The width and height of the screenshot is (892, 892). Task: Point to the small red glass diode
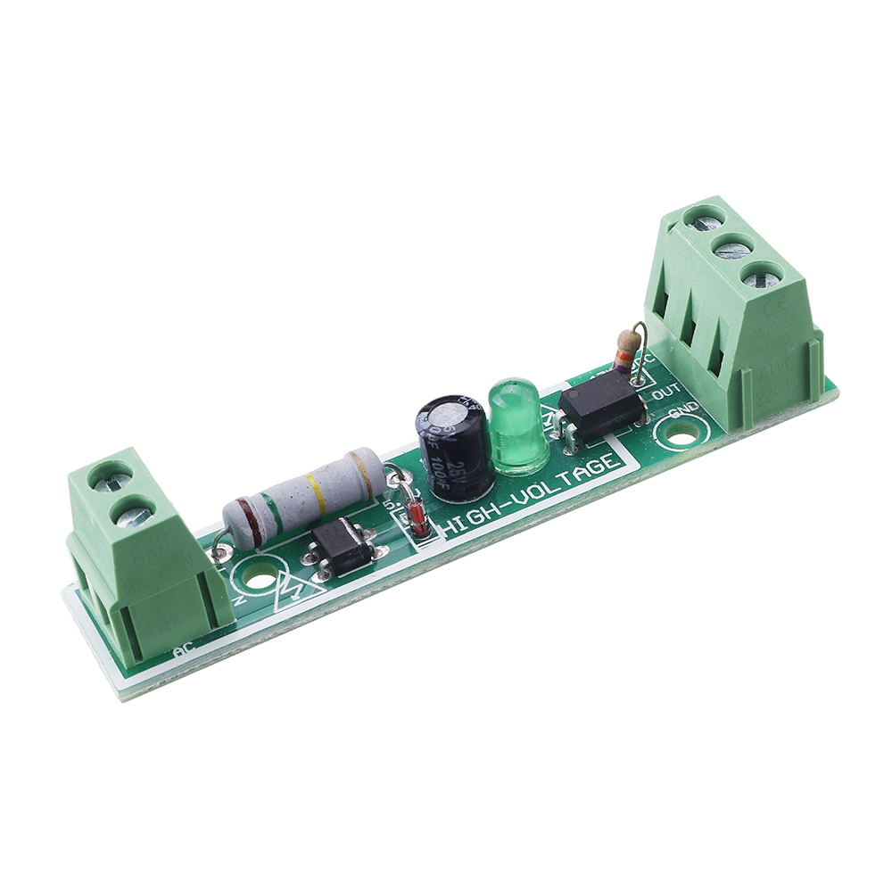click(x=417, y=517)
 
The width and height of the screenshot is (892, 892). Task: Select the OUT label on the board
click(x=668, y=392)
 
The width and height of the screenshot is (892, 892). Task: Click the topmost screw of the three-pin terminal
click(x=705, y=217)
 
